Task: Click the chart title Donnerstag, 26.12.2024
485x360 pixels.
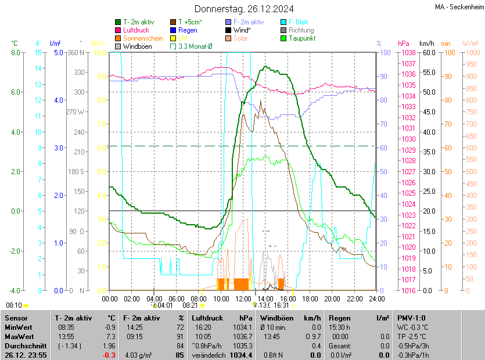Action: [243, 9]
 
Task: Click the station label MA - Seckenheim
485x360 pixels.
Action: [459, 6]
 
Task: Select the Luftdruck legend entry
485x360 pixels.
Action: [136, 30]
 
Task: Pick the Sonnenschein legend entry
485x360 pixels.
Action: [143, 38]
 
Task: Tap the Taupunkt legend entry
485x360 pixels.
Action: [301, 38]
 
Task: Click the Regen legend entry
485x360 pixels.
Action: [188, 30]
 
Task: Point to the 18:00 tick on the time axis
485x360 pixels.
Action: [310, 298]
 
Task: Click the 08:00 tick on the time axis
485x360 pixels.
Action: [199, 298]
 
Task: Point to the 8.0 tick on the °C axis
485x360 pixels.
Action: [16, 53]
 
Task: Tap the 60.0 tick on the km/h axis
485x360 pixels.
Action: [429, 53]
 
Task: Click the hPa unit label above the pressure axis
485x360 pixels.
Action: [403, 44]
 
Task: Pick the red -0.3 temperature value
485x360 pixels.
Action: [108, 355]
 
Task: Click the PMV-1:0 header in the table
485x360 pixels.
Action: [411, 318]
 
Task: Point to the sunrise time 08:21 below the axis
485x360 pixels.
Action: [191, 305]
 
